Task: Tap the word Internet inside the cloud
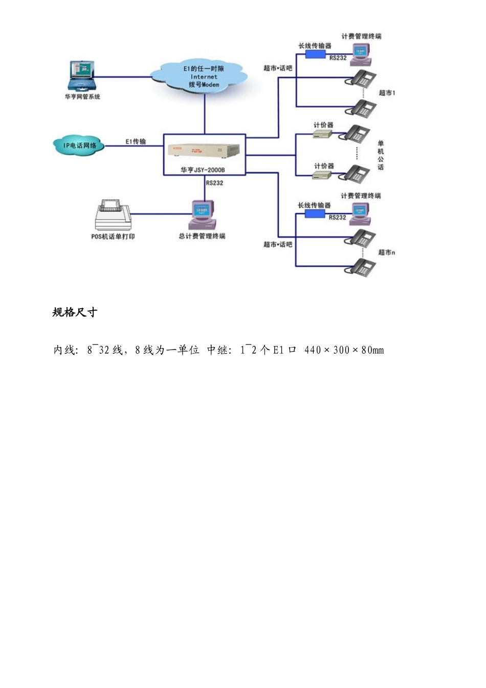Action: tap(204, 76)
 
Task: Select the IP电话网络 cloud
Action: tap(79, 145)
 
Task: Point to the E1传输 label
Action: tap(136, 142)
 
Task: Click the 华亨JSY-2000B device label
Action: tap(203, 170)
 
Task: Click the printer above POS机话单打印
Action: tap(113, 216)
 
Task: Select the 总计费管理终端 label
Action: tap(202, 236)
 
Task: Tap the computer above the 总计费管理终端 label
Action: tap(203, 215)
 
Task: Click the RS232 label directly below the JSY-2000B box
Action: tap(214, 183)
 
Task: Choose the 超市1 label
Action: tap(387, 93)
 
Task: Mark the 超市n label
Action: tap(387, 252)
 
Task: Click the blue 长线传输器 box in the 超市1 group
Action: tap(315, 54)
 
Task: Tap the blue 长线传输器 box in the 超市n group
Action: tap(315, 214)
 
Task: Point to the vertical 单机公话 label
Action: tap(381, 155)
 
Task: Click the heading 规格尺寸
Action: tap(75, 312)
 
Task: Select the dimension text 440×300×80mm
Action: tap(344, 350)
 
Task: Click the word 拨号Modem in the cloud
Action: tap(204, 84)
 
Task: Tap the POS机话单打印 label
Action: tap(113, 236)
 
